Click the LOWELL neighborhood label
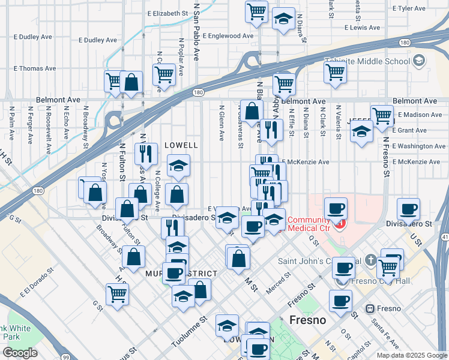pos(181,145)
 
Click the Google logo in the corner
pos(20,353)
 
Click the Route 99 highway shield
pos(64,357)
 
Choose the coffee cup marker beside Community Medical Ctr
pos(336,208)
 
